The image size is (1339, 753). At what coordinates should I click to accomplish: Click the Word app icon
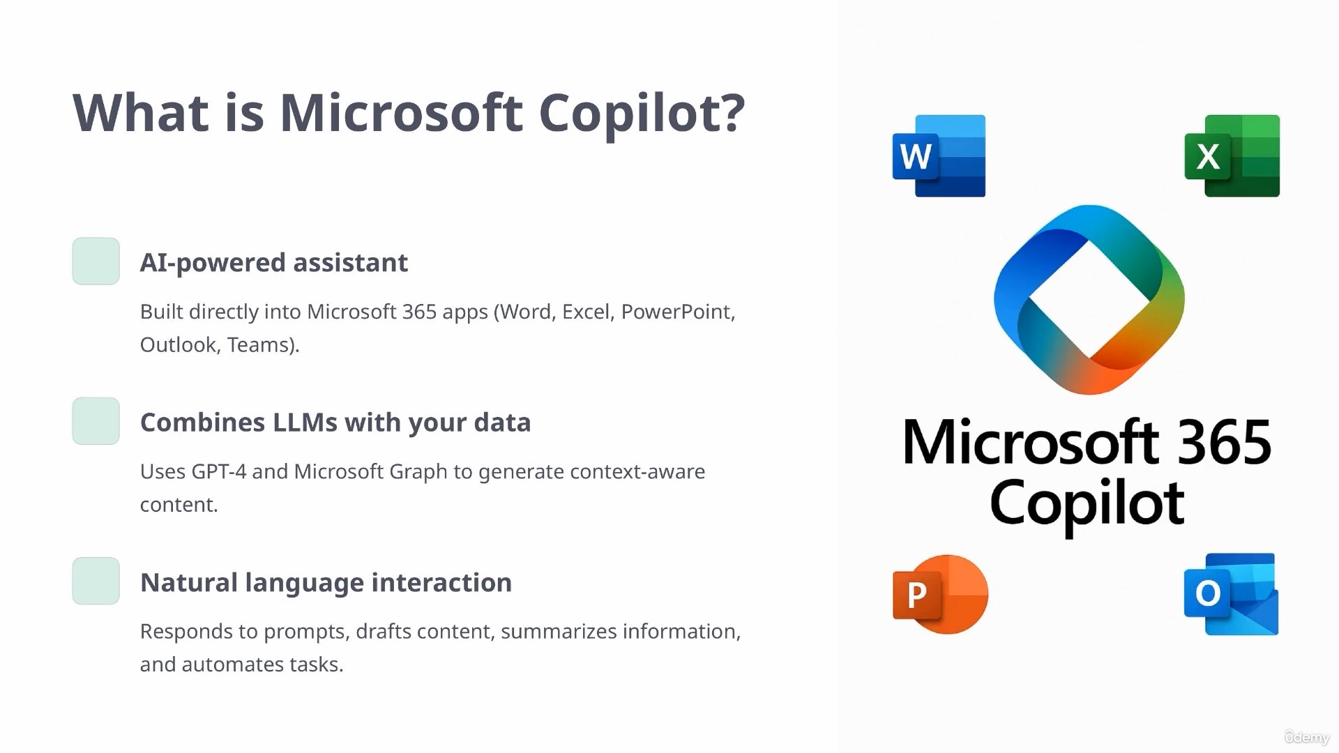tap(939, 155)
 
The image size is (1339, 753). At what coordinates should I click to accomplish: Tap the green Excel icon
tap(1232, 155)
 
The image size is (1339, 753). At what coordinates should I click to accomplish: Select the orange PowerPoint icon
tap(940, 594)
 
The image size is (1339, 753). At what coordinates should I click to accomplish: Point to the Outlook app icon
tap(1232, 594)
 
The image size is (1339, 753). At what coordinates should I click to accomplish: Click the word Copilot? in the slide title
tap(642, 114)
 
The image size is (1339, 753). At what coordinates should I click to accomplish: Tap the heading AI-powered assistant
tap(274, 263)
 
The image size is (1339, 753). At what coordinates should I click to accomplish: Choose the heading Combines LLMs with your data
tap(335, 423)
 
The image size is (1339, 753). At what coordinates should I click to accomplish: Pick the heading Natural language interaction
tap(326, 583)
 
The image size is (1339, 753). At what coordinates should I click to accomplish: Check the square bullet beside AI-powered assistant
tap(96, 261)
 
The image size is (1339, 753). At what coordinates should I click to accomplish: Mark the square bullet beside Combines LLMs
tap(96, 421)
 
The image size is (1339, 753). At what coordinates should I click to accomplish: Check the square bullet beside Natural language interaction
tap(96, 581)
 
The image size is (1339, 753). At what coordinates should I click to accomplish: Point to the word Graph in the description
tap(418, 473)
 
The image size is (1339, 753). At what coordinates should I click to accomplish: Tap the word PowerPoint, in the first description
tap(678, 312)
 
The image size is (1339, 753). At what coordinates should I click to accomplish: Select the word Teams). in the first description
tap(263, 345)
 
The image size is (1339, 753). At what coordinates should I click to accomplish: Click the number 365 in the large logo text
tap(1225, 442)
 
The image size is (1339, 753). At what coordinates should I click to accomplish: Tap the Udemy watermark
tap(1307, 737)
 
